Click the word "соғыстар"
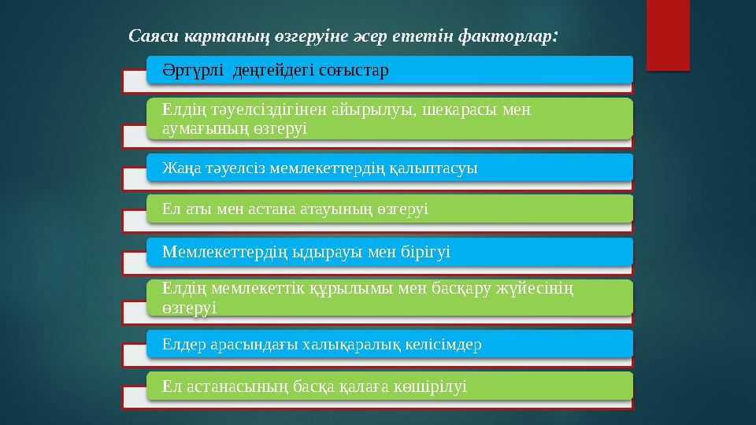click(x=356, y=69)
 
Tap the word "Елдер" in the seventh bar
click(x=180, y=344)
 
